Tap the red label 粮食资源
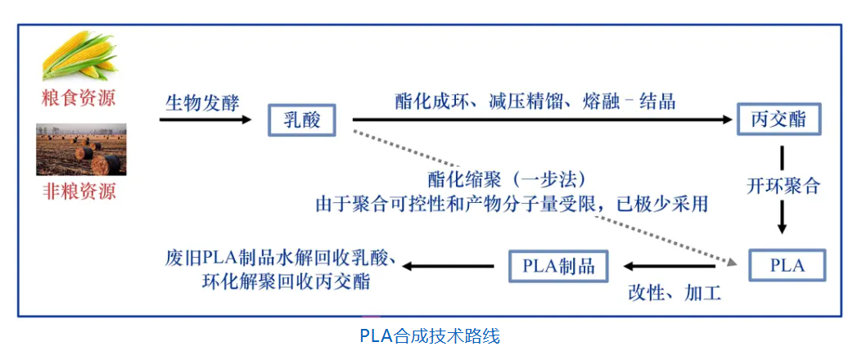coord(79,99)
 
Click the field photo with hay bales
coord(81,149)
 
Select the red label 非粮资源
coord(79,192)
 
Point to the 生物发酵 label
coord(202,103)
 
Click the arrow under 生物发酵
coord(205,120)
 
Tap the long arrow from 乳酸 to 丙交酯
coord(540,120)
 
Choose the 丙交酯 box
coord(777,119)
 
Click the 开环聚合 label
coord(783,185)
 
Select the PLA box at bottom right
coord(787,265)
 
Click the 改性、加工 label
coord(674,292)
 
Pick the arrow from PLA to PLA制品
coord(672,266)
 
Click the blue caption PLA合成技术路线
coord(429,335)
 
